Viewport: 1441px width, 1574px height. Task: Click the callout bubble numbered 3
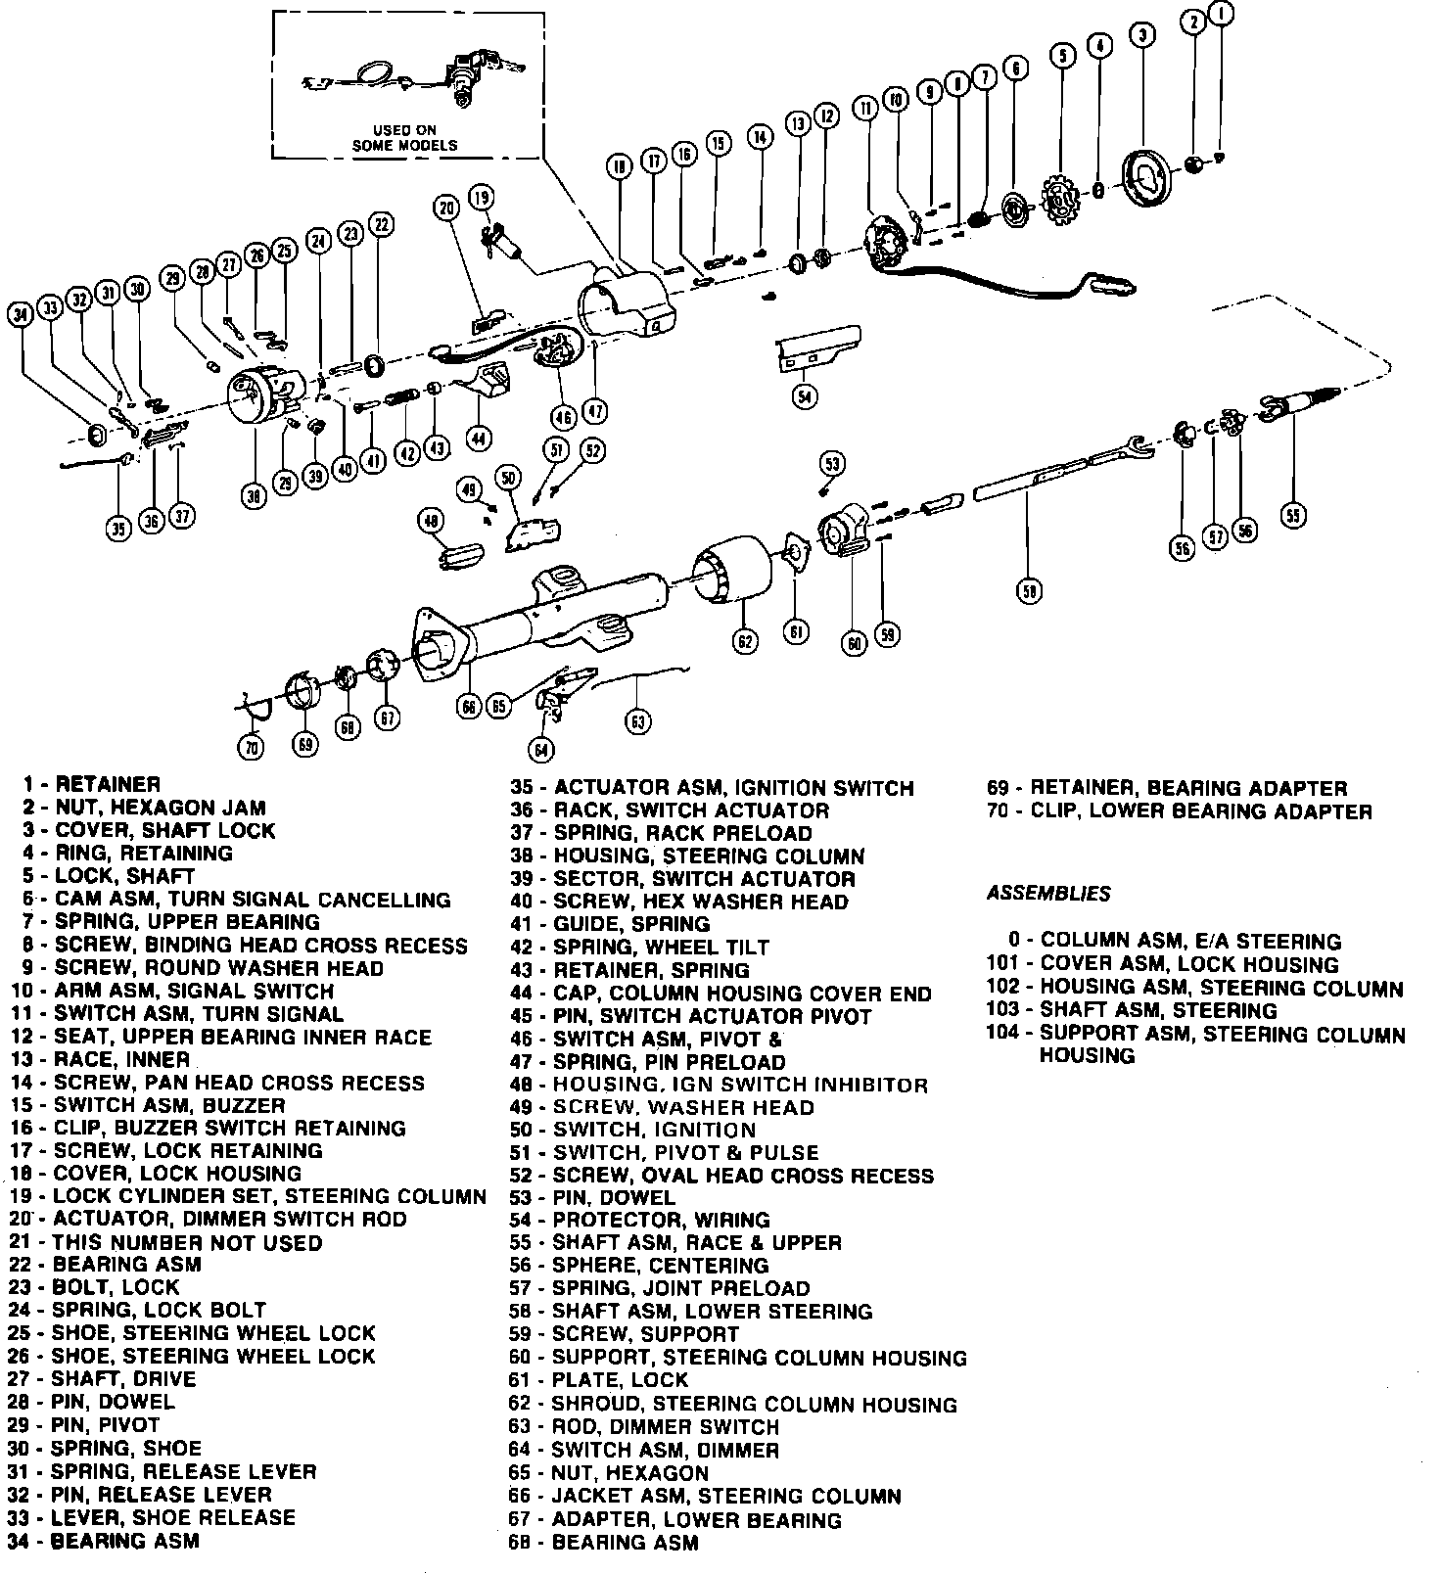pyautogui.click(x=1142, y=36)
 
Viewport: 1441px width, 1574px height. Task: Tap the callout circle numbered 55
pyautogui.click(x=1294, y=514)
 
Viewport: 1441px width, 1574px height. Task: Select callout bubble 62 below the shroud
pyautogui.click(x=746, y=641)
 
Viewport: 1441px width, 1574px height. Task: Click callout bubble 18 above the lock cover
pyautogui.click(x=618, y=167)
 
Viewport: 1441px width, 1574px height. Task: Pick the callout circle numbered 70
pyautogui.click(x=252, y=747)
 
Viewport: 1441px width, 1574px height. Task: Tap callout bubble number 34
pyautogui.click(x=21, y=313)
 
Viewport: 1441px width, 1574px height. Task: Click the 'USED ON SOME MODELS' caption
pyautogui.click(x=404, y=137)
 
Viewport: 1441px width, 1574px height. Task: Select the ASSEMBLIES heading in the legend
pyautogui.click(x=1048, y=894)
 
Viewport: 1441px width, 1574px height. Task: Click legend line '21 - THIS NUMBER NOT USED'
pyautogui.click(x=166, y=1242)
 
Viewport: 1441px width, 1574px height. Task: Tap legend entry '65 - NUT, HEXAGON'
pyautogui.click(x=608, y=1473)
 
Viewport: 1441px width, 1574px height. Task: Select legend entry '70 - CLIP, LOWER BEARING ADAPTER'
pyautogui.click(x=1179, y=811)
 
